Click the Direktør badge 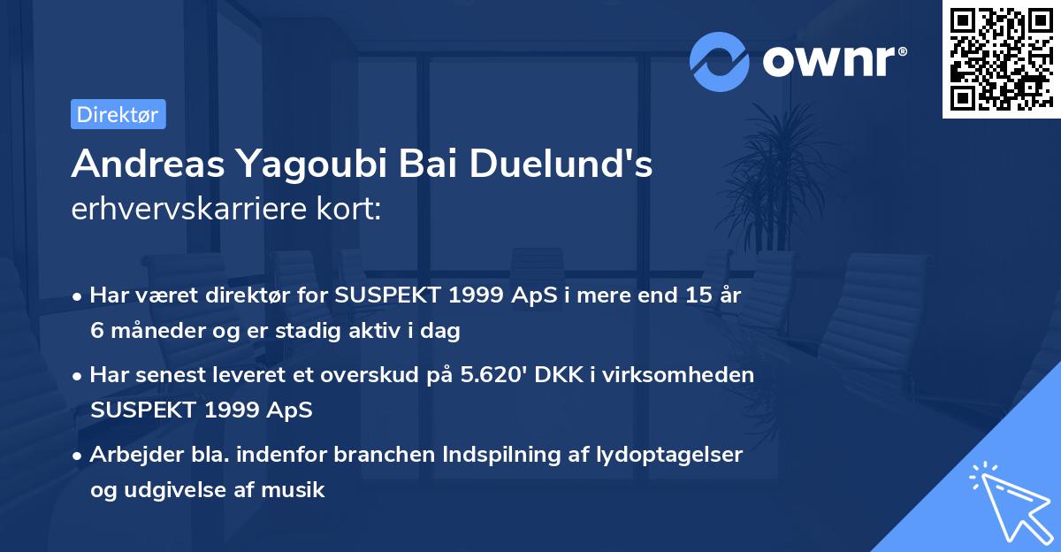[118, 115]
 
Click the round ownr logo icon [720, 61]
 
